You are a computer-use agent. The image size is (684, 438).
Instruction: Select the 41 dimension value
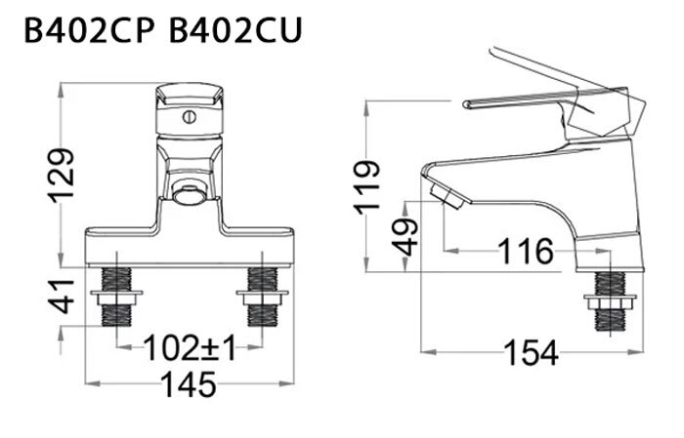[x=63, y=294]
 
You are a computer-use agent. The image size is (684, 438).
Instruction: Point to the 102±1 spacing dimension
[x=190, y=347]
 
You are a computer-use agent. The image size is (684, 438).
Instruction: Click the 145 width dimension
[x=190, y=384]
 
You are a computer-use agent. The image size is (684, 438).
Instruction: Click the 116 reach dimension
[x=526, y=253]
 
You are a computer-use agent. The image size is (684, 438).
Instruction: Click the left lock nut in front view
[x=118, y=293]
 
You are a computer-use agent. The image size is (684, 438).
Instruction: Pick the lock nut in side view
[x=611, y=303]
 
